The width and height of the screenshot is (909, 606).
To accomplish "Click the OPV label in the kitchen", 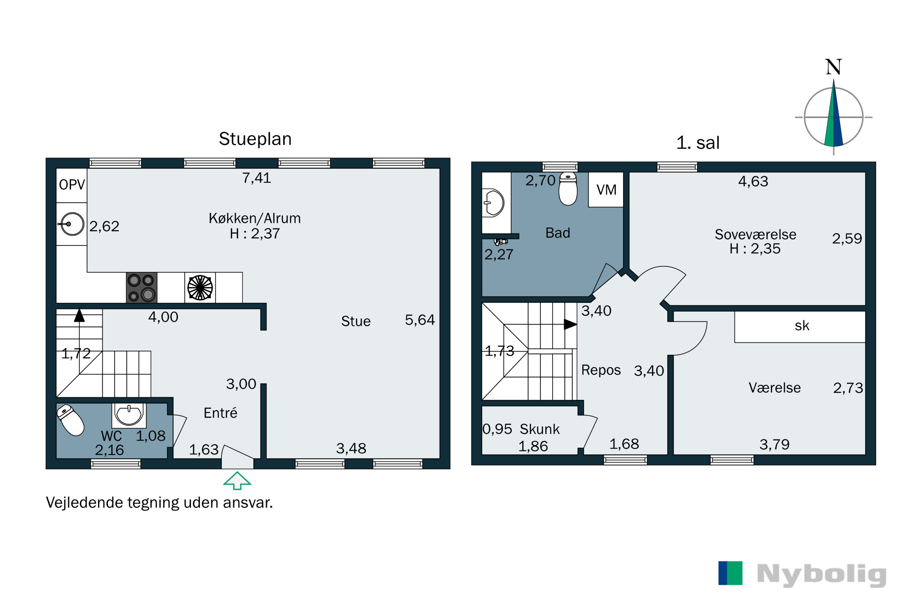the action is (x=72, y=185).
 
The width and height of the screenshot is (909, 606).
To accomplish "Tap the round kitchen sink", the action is (x=72, y=224).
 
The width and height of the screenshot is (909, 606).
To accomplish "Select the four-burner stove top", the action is (x=142, y=288).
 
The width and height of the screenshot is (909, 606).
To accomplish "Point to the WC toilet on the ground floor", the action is (x=70, y=420).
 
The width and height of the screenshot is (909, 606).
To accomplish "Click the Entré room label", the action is (x=220, y=413).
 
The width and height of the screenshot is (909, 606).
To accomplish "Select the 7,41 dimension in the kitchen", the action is (x=257, y=178).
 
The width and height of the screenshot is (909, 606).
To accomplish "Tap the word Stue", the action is (x=355, y=321).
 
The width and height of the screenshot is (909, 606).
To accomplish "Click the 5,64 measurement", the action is (x=420, y=320).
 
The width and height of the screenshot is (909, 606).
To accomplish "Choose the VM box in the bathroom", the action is (x=606, y=190).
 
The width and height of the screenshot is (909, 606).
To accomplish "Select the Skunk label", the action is (x=540, y=429).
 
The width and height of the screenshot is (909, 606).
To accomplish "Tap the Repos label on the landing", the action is (x=601, y=370).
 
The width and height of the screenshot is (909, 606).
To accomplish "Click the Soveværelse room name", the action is (x=755, y=234).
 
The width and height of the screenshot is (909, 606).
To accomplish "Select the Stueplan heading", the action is (x=255, y=139).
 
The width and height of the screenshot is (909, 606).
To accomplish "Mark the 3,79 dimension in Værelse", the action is (x=774, y=445).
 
